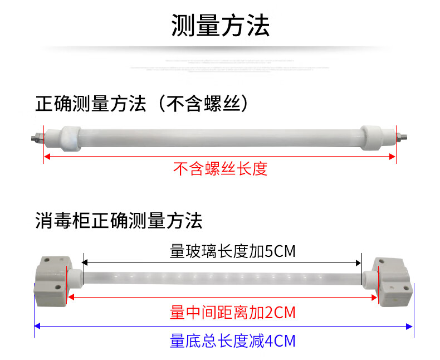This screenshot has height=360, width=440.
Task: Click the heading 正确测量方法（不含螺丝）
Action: pyautogui.click(x=141, y=104)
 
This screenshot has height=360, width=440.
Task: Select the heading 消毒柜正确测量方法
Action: pyautogui.click(x=118, y=221)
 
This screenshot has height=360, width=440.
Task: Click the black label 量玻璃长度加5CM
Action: pyautogui.click(x=232, y=252)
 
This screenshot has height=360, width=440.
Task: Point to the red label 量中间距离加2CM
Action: pyautogui.click(x=232, y=313)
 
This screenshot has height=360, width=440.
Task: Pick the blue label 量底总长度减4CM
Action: pyautogui.click(x=232, y=340)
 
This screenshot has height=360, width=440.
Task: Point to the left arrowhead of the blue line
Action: pyautogui.click(x=37, y=327)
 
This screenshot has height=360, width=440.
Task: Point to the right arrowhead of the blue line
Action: pyautogui.click(x=410, y=327)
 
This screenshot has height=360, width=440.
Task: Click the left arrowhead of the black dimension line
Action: pyautogui.click(x=85, y=261)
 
